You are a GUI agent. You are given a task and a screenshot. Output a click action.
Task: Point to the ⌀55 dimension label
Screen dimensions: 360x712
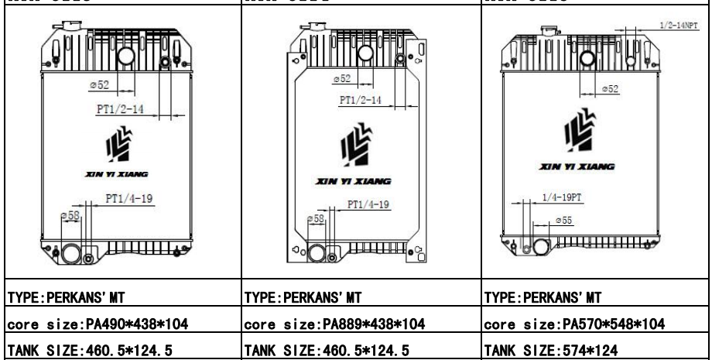(x=563, y=222)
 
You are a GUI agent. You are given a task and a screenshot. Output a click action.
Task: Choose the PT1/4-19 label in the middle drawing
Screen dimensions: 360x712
(x=367, y=204)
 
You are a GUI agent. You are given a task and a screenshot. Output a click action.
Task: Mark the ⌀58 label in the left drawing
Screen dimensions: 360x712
(x=70, y=215)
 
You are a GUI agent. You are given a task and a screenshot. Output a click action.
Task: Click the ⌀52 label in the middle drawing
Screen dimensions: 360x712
(x=341, y=79)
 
